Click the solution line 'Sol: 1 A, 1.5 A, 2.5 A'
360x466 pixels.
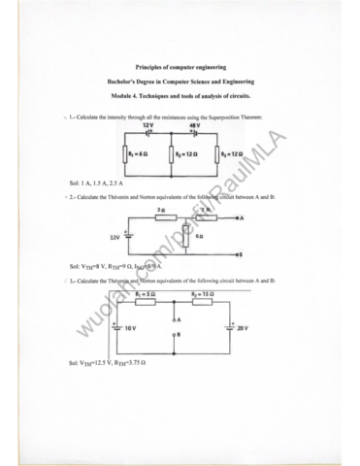(98, 182)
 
